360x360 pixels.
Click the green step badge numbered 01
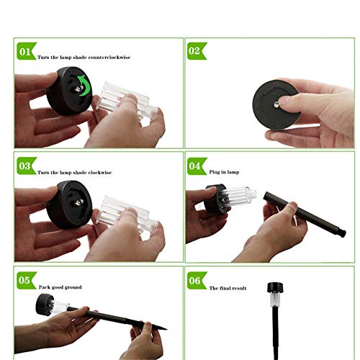coord(27,51)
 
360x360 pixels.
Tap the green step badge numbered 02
coord(197,51)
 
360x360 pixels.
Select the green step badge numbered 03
coord(27,166)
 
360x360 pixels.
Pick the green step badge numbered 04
coord(197,166)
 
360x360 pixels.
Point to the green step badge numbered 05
coord(27,280)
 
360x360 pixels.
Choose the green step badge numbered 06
coord(197,281)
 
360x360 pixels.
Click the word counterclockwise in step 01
coord(109,58)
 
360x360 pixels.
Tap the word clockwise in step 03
coord(100,172)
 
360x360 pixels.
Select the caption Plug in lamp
coord(224,172)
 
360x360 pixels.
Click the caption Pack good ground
coord(60,287)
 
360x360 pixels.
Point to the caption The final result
coord(228,288)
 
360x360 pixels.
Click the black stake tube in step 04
coord(305,214)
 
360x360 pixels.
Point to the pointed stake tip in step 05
coord(166,329)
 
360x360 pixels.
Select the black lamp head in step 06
coord(275,287)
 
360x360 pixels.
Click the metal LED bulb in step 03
coord(78,203)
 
